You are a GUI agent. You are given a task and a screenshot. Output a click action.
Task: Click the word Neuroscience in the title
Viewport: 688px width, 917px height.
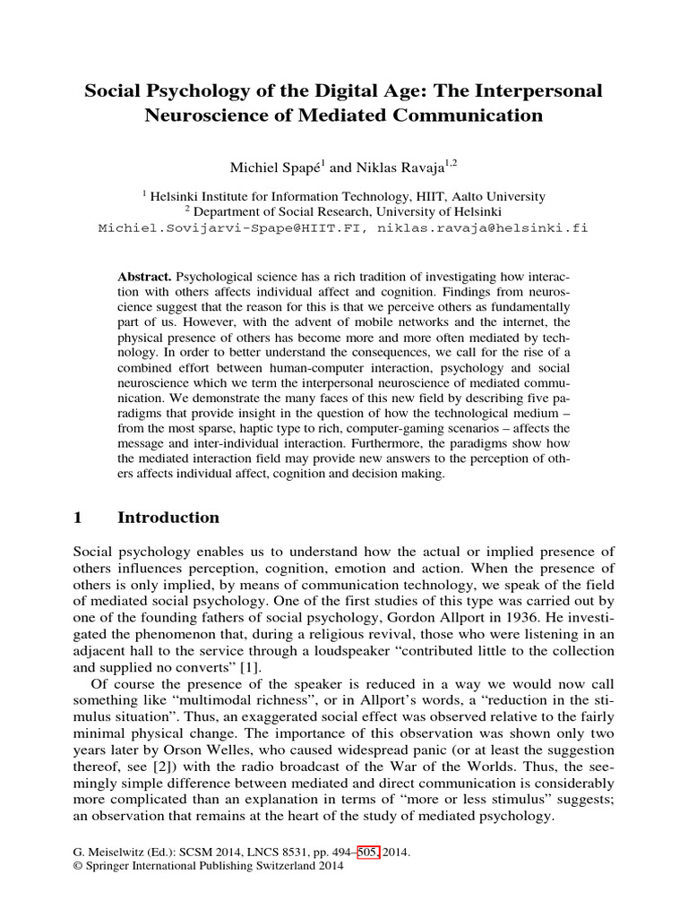[208, 116]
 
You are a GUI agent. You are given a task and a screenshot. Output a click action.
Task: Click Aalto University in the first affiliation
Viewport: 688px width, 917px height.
[494, 196]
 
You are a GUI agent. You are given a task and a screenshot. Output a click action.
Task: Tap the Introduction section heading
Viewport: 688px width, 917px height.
[168, 518]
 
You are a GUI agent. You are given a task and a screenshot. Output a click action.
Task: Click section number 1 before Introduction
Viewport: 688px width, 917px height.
[77, 518]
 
